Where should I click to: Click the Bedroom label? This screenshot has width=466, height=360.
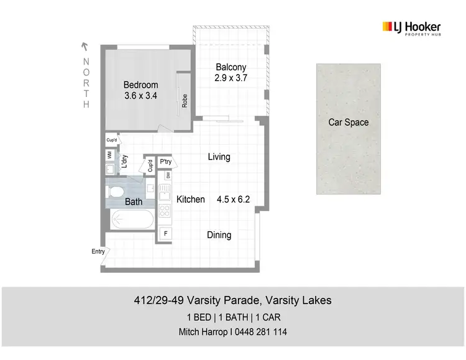tap(140, 85)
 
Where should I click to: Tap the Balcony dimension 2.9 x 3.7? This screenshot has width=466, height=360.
tap(231, 79)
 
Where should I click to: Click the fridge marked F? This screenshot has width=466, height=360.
tap(165, 234)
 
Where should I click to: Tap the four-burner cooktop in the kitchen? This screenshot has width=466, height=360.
tap(165, 211)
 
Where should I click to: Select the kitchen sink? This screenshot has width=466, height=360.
tap(165, 190)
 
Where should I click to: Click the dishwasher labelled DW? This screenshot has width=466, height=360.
tap(168, 175)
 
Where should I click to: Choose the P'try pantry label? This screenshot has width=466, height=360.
tap(166, 162)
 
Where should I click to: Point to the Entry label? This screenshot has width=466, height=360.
tap(98, 251)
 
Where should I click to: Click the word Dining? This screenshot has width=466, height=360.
tap(219, 235)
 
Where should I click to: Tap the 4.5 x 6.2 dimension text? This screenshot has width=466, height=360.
tap(233, 200)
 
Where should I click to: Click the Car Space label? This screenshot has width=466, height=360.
tap(348, 122)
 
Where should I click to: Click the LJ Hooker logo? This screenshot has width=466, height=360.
tap(411, 28)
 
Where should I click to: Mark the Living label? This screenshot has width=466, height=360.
tap(219, 157)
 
